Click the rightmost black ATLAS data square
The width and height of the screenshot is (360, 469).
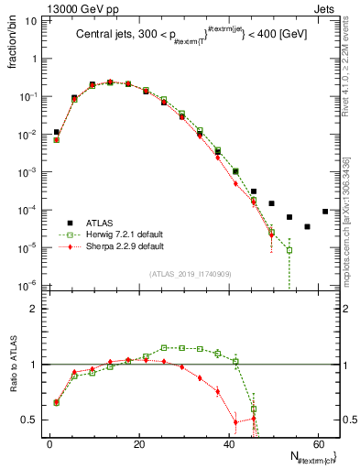point(325,212)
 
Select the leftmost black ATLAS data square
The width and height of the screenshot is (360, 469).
point(57,132)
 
